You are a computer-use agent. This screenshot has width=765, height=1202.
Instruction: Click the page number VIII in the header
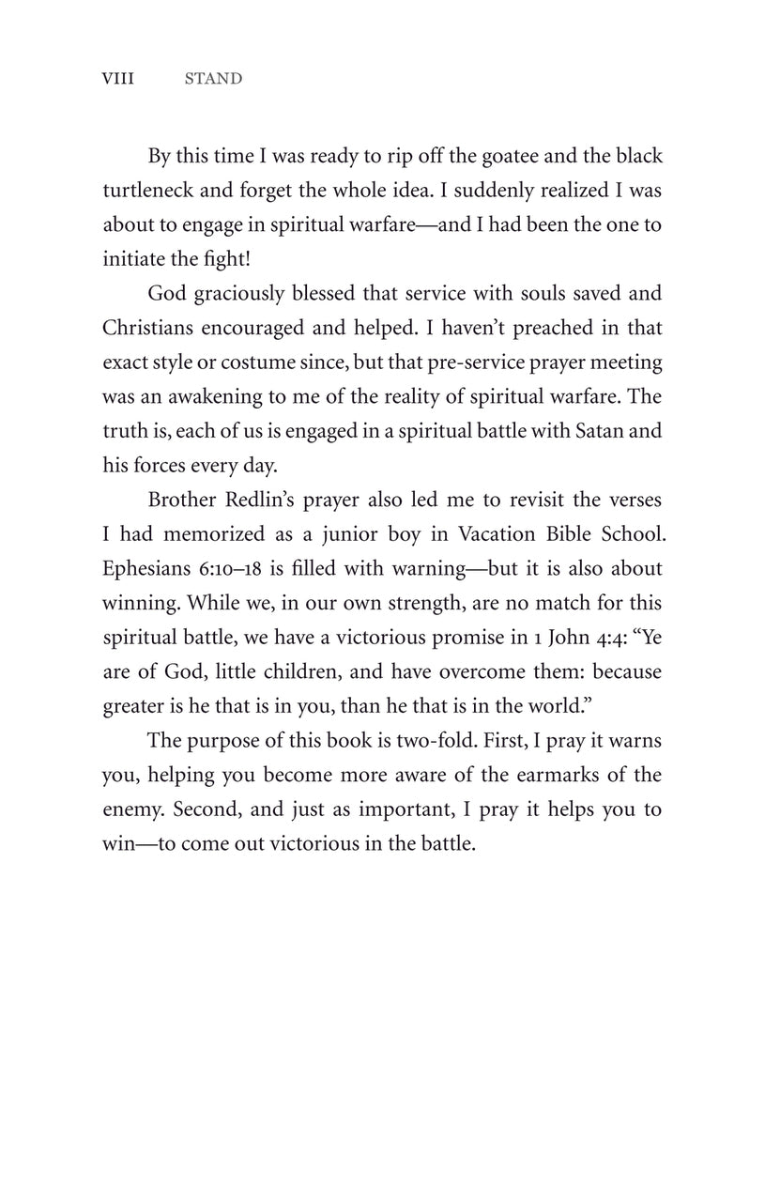(117, 79)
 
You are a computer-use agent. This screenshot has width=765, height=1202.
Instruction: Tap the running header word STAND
(213, 79)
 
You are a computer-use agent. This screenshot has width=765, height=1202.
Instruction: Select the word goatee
(508, 156)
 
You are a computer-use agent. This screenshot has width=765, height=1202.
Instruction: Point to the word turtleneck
(147, 191)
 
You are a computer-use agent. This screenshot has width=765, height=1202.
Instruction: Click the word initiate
(131, 259)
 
